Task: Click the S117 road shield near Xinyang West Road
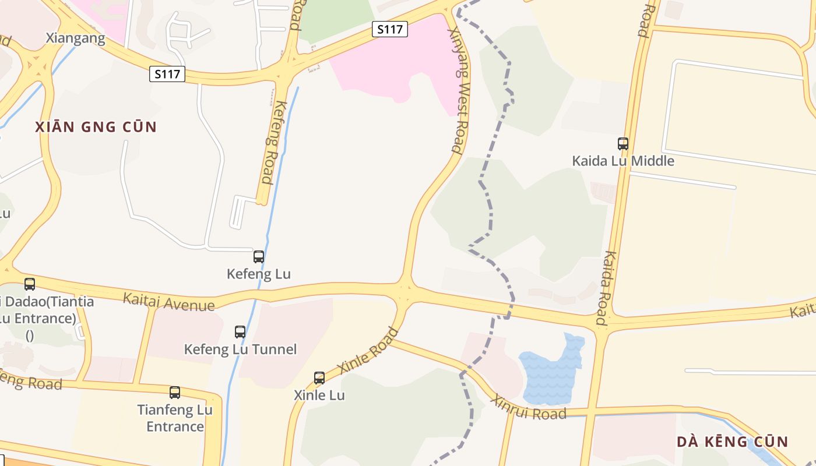[x=390, y=29]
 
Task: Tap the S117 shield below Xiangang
[x=167, y=74]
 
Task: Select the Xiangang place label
[x=76, y=38]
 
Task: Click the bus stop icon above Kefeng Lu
[x=259, y=256]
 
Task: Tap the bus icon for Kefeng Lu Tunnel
[x=240, y=332]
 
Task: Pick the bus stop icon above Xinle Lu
[x=319, y=377]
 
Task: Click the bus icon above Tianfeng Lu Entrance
[x=175, y=393]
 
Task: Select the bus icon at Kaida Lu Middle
[x=623, y=143]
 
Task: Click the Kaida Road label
[x=606, y=288]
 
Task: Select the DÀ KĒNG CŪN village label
[x=732, y=442]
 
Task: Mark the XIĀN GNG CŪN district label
[x=96, y=127]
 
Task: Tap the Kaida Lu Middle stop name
[x=623, y=161]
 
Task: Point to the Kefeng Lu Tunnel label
[x=240, y=349]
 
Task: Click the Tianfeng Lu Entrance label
[x=175, y=418]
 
